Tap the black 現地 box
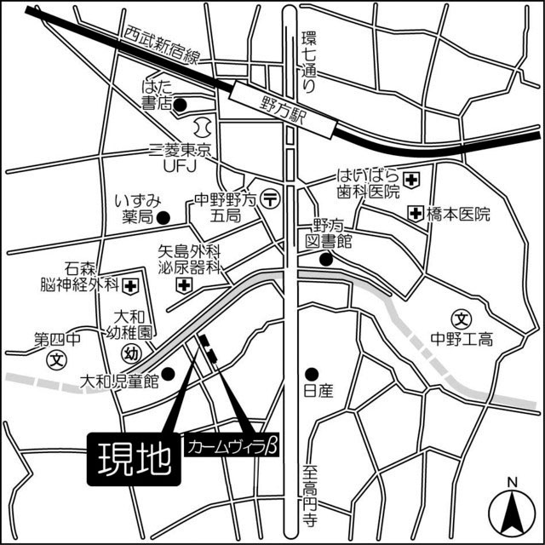[134, 461]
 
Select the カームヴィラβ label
[235, 446]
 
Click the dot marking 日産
[312, 373]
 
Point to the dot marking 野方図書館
[324, 260]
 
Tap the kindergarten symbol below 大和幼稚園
[130, 353]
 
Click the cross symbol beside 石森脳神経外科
[131, 283]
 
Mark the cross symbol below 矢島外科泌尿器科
[184, 284]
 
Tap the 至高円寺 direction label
[311, 495]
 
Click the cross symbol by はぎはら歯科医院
[412, 180]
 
